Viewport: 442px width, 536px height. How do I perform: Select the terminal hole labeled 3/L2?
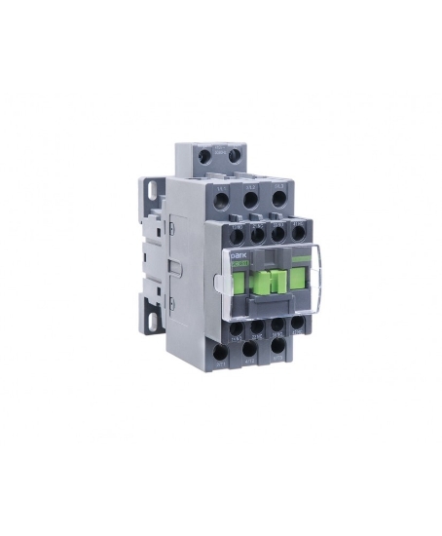[x=250, y=200]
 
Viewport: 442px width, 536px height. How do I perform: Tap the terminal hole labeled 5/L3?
[x=278, y=198]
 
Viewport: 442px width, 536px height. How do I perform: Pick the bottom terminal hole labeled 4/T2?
[x=249, y=347]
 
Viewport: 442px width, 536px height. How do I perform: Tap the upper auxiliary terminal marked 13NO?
[x=237, y=234]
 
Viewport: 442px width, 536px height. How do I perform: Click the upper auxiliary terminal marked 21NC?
[x=257, y=233]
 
